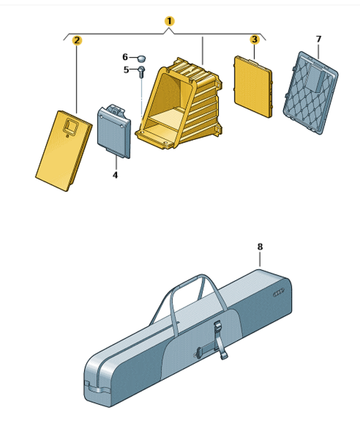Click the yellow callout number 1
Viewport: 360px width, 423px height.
(169, 21)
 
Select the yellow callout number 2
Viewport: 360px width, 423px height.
(77, 40)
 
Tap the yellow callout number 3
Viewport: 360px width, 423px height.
(254, 40)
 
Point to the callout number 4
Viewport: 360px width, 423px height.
(115, 175)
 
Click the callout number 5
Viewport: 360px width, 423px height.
(126, 70)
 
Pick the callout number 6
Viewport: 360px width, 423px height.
(125, 57)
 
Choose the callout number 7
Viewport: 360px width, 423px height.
(319, 39)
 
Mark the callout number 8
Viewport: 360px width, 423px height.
(260, 247)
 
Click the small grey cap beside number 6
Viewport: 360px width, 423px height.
(142, 58)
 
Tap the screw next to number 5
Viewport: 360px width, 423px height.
(142, 72)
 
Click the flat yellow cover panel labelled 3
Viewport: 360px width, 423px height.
(253, 86)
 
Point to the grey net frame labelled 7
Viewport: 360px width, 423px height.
(310, 93)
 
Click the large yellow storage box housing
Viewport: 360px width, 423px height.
(179, 103)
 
